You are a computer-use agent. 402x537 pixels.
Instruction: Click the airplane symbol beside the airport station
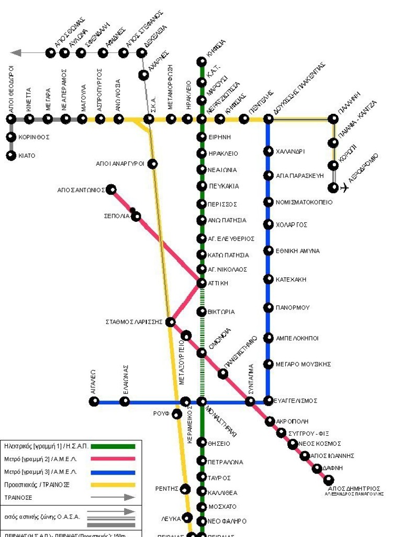pyautogui.click(x=344, y=188)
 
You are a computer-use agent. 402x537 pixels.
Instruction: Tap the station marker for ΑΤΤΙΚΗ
pyautogui.click(x=202, y=283)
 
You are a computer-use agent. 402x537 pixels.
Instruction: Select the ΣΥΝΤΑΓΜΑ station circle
pyautogui.click(x=250, y=402)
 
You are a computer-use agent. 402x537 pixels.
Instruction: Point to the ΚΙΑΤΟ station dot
pyautogui.click(x=11, y=155)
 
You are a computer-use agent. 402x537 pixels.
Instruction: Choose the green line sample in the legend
pyautogui.click(x=113, y=446)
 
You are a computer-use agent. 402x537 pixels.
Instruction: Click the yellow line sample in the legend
pyautogui.click(x=113, y=485)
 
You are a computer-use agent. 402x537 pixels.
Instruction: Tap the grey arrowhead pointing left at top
pyautogui.click(x=16, y=52)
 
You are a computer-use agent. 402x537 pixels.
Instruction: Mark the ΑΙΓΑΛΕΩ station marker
pyautogui.click(x=94, y=402)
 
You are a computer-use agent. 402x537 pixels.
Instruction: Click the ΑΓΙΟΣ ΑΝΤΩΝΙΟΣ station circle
pyautogui.click(x=111, y=189)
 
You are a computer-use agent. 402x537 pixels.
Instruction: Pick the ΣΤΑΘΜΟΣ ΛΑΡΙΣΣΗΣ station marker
pyautogui.click(x=171, y=321)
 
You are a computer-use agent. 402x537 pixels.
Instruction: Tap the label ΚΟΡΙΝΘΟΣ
pyautogui.click(x=35, y=137)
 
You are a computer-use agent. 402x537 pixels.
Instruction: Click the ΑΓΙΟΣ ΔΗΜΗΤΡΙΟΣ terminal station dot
pyautogui.click(x=329, y=479)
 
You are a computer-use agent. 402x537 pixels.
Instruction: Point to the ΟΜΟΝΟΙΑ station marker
pyautogui.click(x=202, y=352)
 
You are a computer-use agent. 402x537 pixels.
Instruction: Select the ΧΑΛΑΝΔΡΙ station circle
pyautogui.click(x=268, y=151)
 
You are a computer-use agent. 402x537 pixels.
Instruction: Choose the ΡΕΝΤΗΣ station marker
pyautogui.click(x=185, y=489)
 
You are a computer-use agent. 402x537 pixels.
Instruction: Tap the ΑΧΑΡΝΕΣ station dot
pyautogui.click(x=143, y=75)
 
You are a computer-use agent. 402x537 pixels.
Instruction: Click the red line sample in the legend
pyautogui.click(x=113, y=459)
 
